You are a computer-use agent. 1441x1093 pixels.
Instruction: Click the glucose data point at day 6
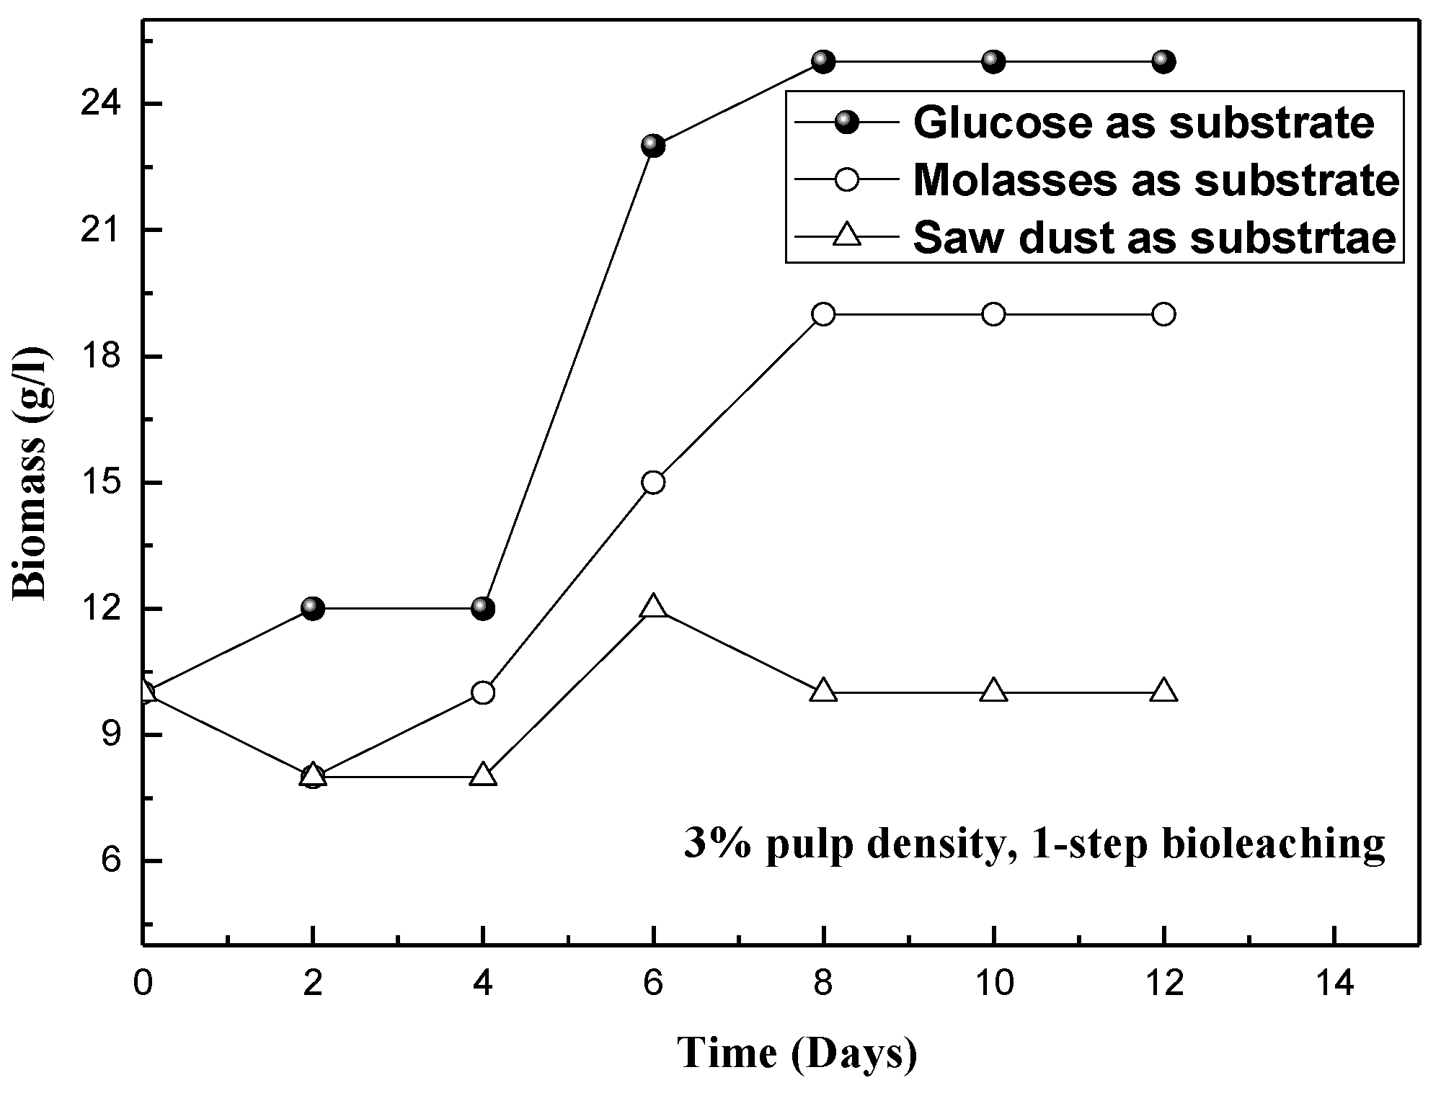tap(653, 146)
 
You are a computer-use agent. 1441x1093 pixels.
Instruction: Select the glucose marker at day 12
tap(1163, 61)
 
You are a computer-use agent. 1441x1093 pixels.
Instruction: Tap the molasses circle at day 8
tap(823, 314)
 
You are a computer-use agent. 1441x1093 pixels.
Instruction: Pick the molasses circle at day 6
tap(653, 482)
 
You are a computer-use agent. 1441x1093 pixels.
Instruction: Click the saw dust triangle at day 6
tap(653, 607)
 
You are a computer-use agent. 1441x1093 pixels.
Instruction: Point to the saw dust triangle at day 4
tap(483, 775)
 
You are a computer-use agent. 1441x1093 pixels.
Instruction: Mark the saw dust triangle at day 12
tap(1163, 691)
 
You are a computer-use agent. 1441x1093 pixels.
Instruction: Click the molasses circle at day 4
tap(483, 692)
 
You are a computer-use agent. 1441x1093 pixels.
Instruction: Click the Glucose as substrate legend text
tap(1143, 123)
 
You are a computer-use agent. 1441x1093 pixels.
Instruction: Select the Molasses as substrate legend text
tap(1156, 180)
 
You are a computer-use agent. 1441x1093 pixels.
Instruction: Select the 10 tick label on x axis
tap(993, 983)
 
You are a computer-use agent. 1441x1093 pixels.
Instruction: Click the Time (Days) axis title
tap(797, 1053)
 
